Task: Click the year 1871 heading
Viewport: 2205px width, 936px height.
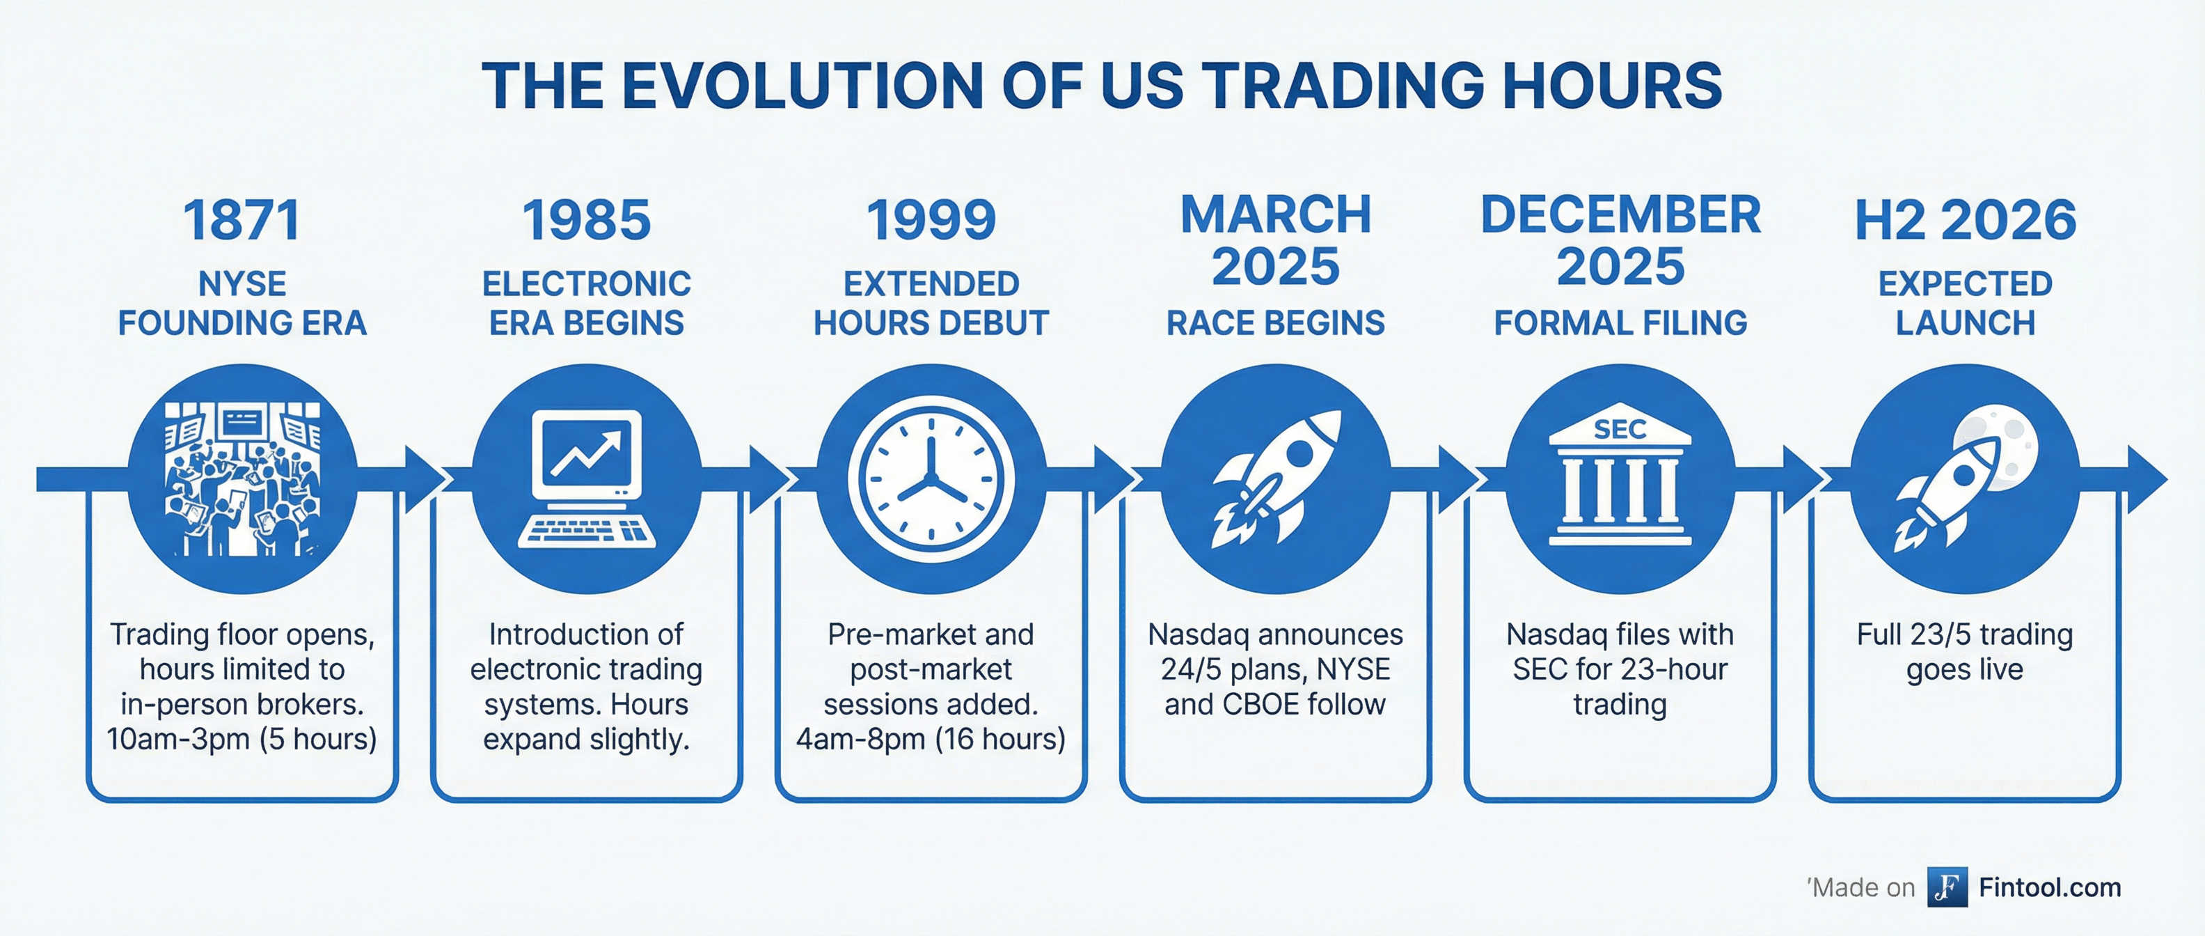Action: tap(242, 220)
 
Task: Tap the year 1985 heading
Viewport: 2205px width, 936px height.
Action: tap(586, 220)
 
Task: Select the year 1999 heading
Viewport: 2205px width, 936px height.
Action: tap(931, 220)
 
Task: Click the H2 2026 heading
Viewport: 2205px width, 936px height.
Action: tap(1966, 220)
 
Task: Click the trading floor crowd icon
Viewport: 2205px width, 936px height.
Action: tap(242, 478)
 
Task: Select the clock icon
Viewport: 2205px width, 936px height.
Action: tap(931, 478)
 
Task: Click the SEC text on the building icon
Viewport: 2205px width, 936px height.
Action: tap(1620, 429)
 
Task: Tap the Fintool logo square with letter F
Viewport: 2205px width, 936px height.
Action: tap(1947, 887)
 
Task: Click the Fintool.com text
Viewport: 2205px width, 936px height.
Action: tap(2050, 887)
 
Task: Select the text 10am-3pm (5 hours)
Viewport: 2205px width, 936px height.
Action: tap(242, 739)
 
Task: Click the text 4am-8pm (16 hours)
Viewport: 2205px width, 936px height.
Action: tap(931, 739)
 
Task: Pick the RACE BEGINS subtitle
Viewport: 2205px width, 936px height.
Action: tap(1275, 323)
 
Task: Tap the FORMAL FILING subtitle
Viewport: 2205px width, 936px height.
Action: tap(1620, 323)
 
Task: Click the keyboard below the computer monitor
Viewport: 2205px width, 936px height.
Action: tap(586, 530)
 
